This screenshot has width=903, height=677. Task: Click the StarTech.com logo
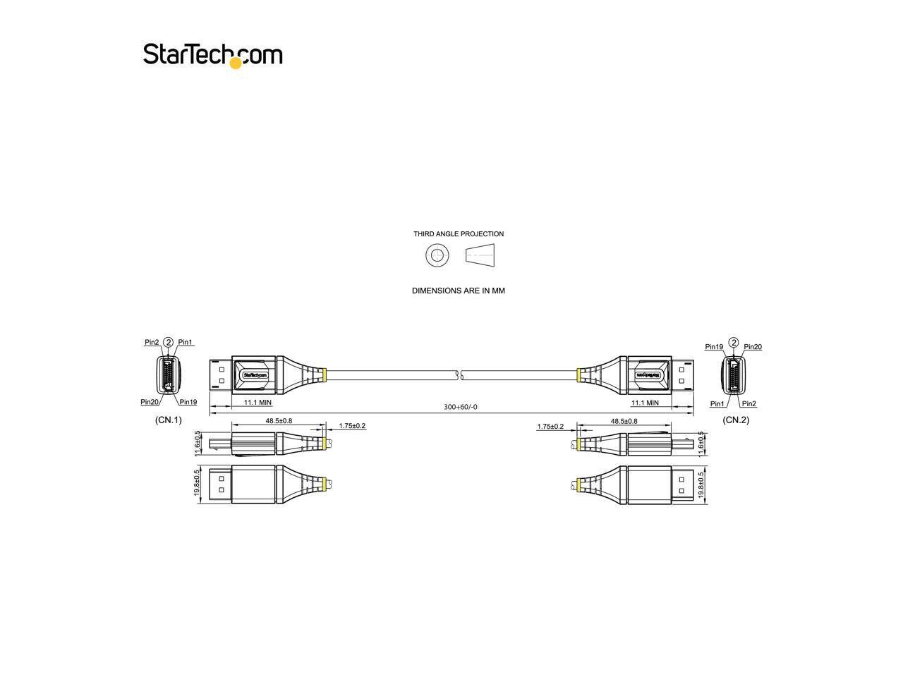[x=212, y=54]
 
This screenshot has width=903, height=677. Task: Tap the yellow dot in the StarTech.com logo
[x=236, y=63]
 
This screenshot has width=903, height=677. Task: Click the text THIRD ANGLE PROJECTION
[x=459, y=234]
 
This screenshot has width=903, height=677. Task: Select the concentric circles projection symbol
[x=437, y=255]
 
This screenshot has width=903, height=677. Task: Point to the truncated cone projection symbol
[x=480, y=255]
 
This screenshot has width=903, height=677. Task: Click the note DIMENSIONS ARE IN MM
[x=459, y=291]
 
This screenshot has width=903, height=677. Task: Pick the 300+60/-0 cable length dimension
[x=460, y=407]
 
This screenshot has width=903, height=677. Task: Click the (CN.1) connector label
[x=169, y=420]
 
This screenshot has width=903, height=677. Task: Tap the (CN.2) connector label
[x=736, y=420]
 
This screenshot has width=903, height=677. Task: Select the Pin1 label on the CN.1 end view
[x=186, y=342]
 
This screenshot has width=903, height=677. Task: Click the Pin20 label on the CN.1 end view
[x=150, y=402]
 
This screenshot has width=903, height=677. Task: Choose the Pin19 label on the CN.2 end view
[x=714, y=346]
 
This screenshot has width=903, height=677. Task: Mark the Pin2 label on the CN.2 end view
[x=749, y=403]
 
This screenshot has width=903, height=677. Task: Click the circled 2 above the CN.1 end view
[x=168, y=342]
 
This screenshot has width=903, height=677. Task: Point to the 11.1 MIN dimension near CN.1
[x=257, y=403]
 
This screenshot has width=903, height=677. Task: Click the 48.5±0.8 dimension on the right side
[x=624, y=421]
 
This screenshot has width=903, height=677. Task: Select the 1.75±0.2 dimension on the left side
[x=352, y=426]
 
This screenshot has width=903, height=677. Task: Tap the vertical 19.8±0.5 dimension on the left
[x=198, y=484]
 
